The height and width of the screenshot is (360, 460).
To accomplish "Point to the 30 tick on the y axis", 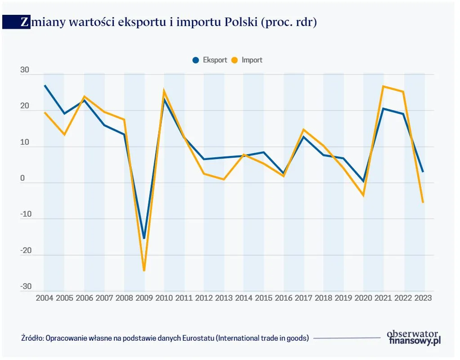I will [x=25, y=71].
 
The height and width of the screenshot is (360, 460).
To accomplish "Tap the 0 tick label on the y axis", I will [x=22, y=179].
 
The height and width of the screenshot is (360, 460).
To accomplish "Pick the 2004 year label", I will [x=44, y=298].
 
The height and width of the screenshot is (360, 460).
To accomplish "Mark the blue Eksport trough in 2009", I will [x=144, y=238].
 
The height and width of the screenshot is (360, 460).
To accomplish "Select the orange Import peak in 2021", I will [x=383, y=86].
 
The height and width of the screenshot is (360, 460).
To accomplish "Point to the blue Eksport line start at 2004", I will [x=45, y=85].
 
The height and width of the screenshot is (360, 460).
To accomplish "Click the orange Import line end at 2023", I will [x=423, y=203].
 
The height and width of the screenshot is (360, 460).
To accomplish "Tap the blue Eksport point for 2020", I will [x=363, y=182].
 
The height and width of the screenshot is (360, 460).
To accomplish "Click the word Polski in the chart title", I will [x=241, y=22].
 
